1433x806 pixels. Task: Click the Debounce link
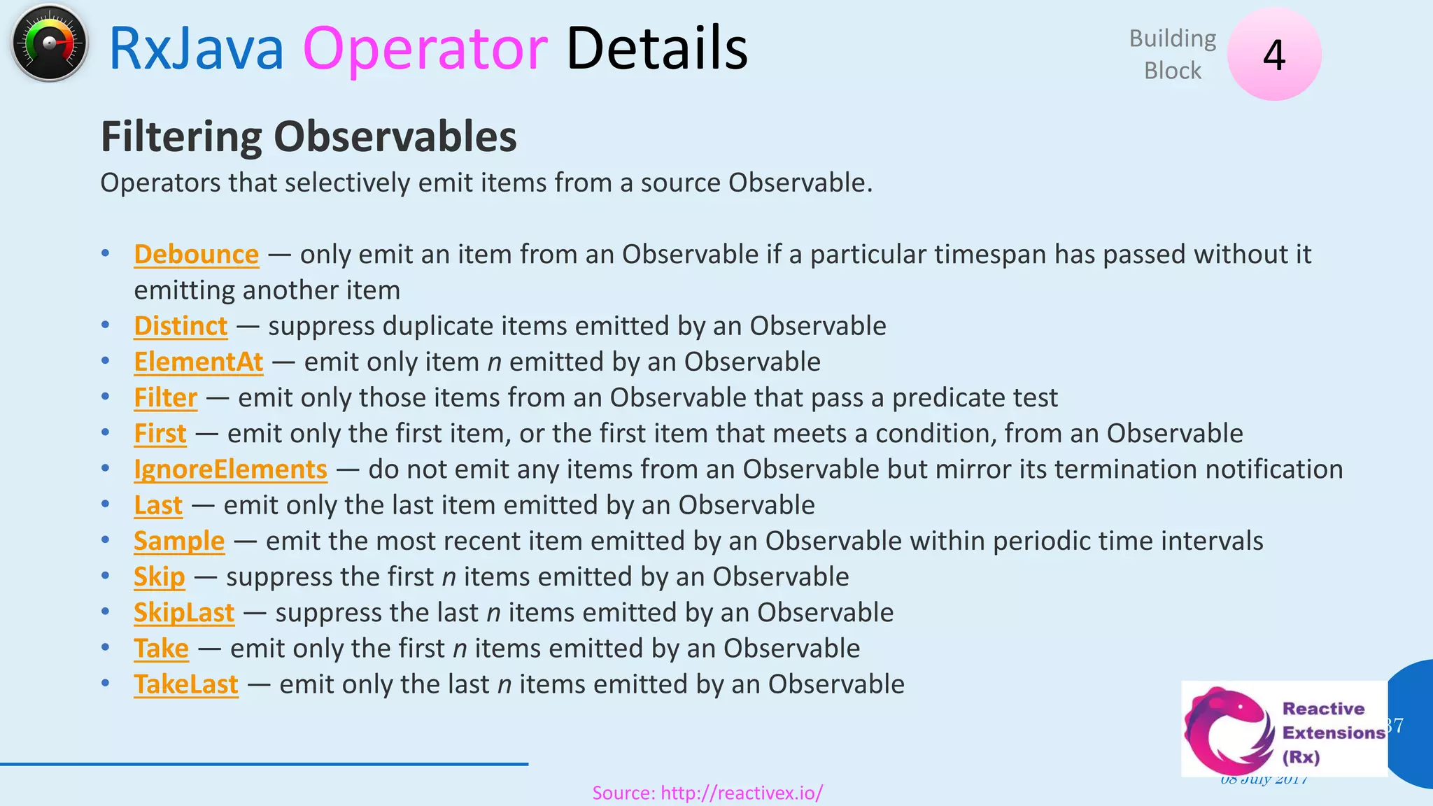pyautogui.click(x=196, y=255)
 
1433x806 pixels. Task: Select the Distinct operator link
pyautogui.click(x=181, y=326)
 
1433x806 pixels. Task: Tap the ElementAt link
pyautogui.click(x=199, y=362)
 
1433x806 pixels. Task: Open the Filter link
pyautogui.click(x=165, y=397)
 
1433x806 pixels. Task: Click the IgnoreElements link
pyautogui.click(x=230, y=469)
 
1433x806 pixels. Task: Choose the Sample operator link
pyautogui.click(x=179, y=541)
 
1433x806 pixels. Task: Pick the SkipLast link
pyautogui.click(x=184, y=613)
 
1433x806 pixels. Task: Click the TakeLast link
pyautogui.click(x=186, y=684)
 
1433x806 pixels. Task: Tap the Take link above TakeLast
pyautogui.click(x=161, y=649)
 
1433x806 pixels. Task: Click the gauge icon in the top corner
pyautogui.click(x=49, y=43)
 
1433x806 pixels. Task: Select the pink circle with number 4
pyautogui.click(x=1274, y=54)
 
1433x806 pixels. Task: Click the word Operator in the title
pyautogui.click(x=425, y=49)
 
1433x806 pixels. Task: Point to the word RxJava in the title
pyautogui.click(x=196, y=49)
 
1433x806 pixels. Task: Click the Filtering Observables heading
pyautogui.click(x=309, y=136)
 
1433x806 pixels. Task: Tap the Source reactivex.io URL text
pyautogui.click(x=707, y=793)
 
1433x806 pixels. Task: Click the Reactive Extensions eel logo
pyautogui.click(x=1228, y=730)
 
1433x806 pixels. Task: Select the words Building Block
pyautogui.click(x=1173, y=55)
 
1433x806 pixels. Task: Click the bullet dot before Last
pyautogui.click(x=105, y=504)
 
